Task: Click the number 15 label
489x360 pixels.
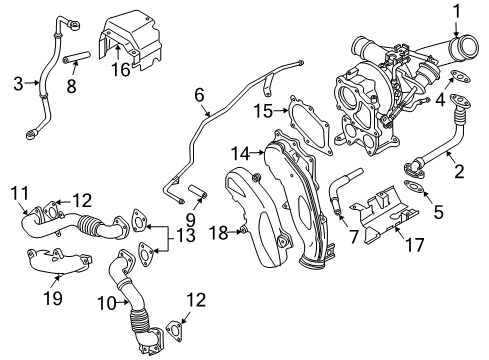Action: [262, 109]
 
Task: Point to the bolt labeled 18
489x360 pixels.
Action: [241, 233]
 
